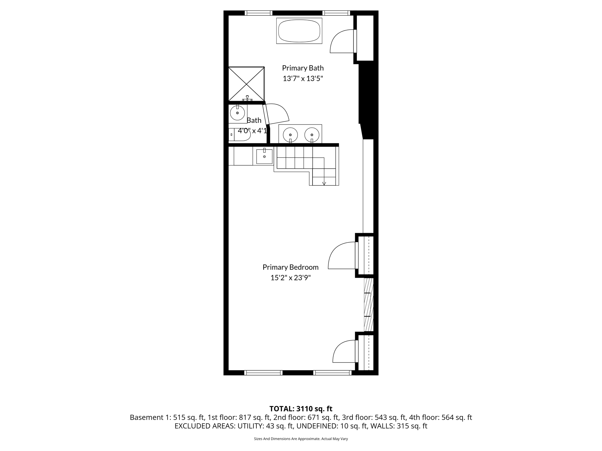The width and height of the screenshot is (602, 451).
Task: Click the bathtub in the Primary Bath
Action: tap(299, 31)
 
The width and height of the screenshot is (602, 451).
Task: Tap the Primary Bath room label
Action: tap(303, 68)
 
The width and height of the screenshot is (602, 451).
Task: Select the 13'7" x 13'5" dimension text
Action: tap(303, 79)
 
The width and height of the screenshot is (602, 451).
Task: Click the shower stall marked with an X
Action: tap(246, 84)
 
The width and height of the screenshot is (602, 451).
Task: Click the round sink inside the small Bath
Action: tap(237, 112)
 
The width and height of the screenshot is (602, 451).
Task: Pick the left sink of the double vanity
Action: tap(290, 135)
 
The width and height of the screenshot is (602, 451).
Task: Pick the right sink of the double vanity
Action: tap(312, 135)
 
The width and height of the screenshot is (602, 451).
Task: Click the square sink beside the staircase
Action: tap(264, 156)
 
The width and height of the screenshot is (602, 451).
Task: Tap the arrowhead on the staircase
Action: tap(324, 184)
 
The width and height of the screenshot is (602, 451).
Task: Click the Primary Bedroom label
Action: tap(290, 267)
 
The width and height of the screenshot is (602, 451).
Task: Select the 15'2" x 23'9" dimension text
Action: tap(290, 278)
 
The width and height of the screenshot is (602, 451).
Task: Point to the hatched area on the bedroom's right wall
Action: tap(368, 304)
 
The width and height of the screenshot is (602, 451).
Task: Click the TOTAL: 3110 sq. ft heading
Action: tap(301, 409)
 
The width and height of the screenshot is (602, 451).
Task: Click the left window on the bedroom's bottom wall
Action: tap(263, 373)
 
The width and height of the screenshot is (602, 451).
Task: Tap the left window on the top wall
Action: tap(258, 13)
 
